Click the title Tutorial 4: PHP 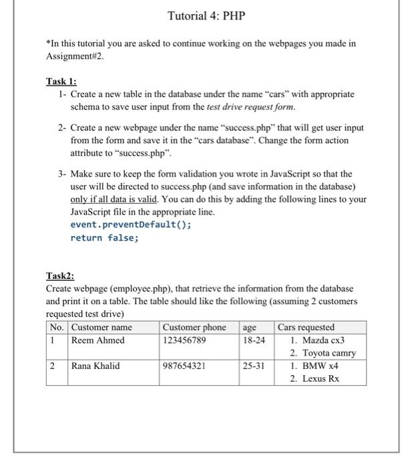point(208,15)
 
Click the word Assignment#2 point(75,57)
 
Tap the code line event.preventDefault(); point(131,225)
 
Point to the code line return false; point(103,237)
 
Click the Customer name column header point(101,328)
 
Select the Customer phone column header point(194,328)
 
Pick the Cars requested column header point(306,328)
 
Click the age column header point(249,328)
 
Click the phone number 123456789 point(184,340)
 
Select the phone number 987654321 point(184,366)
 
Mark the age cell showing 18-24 point(254,340)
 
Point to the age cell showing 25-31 point(254,366)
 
